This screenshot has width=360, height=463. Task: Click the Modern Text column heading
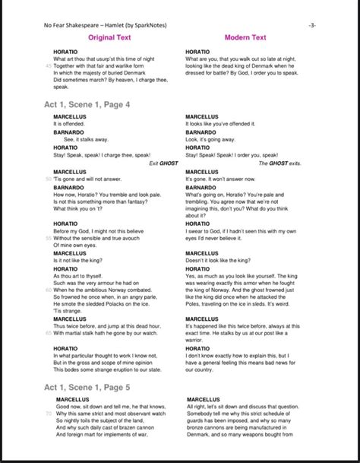tap(245, 37)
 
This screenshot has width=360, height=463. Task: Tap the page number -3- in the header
tap(312, 25)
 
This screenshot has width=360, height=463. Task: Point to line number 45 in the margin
tap(49, 66)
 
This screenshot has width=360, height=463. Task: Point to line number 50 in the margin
tap(49, 179)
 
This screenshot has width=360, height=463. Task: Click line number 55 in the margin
tap(49, 237)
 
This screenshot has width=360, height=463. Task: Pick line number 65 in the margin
tap(49, 332)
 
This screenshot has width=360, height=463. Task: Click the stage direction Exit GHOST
tap(164, 163)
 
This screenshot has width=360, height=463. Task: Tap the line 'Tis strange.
tap(66, 310)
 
